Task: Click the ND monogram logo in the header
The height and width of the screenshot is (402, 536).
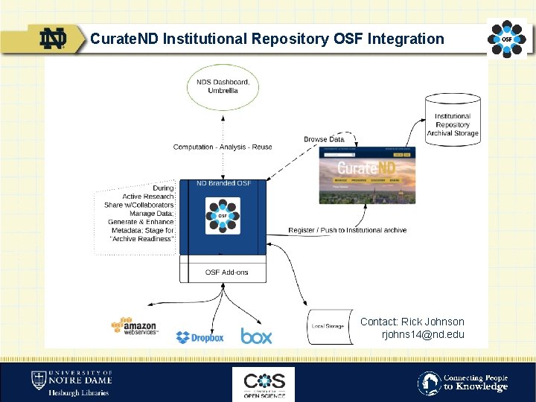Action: (x=54, y=39)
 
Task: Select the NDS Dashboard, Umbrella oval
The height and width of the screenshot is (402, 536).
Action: (x=223, y=86)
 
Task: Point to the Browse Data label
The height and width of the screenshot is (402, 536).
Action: (x=324, y=139)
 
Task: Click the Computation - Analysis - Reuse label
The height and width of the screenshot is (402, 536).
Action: (x=223, y=147)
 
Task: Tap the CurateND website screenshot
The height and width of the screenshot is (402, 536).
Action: (x=367, y=174)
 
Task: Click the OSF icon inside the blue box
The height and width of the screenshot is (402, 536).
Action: (x=223, y=216)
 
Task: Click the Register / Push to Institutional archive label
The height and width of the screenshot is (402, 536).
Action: (x=348, y=230)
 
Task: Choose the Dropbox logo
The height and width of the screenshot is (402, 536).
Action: (x=200, y=337)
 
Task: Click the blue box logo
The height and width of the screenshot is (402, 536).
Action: (x=256, y=336)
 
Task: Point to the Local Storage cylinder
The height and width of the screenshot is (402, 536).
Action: (x=328, y=326)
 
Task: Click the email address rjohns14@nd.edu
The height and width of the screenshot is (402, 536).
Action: (x=422, y=334)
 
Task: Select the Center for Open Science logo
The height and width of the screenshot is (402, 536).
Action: (x=264, y=383)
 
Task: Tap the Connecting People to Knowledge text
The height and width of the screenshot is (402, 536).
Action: (x=476, y=383)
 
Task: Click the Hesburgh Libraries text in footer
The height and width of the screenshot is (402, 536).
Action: (x=78, y=392)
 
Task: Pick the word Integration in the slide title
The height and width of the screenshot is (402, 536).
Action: (x=408, y=39)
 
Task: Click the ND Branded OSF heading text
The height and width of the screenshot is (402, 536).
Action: (x=223, y=183)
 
